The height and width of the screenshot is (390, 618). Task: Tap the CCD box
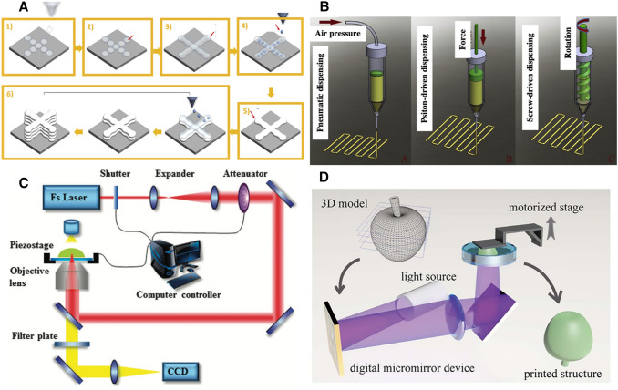tap(180, 372)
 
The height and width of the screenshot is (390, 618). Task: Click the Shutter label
tap(115, 174)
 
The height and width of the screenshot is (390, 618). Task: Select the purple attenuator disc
tap(244, 196)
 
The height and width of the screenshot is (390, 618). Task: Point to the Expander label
tap(175, 174)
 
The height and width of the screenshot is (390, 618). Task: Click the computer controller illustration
tap(175, 263)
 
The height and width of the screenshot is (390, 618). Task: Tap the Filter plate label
tap(35, 336)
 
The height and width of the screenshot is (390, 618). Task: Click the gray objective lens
tap(72, 279)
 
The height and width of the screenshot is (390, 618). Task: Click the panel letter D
tap(324, 178)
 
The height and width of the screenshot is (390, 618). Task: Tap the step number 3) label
tap(169, 26)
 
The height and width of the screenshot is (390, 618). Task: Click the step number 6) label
tap(10, 94)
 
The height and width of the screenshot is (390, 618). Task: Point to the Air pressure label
tap(338, 34)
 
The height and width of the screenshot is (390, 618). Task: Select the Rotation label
tap(568, 43)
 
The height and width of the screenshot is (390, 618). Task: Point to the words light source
tap(428, 276)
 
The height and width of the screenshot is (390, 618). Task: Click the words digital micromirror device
tap(412, 368)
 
